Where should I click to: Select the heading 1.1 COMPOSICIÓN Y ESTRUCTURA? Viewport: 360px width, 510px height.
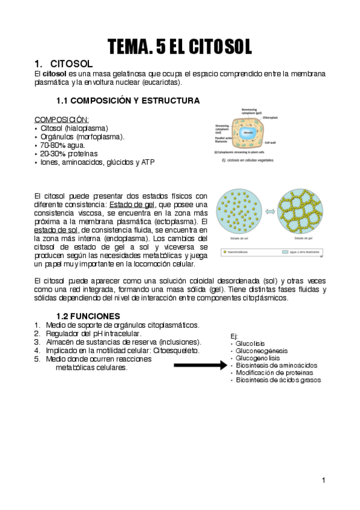tap(127, 100)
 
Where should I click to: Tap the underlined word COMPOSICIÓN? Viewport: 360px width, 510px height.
tap(61, 119)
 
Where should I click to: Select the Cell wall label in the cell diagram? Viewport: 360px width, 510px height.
tap(271, 143)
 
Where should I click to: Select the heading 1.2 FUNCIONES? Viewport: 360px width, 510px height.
tap(88, 316)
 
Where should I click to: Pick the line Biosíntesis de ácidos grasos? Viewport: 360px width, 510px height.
tap(278, 379)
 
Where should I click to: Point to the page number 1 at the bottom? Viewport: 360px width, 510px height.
tap(323, 479)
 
